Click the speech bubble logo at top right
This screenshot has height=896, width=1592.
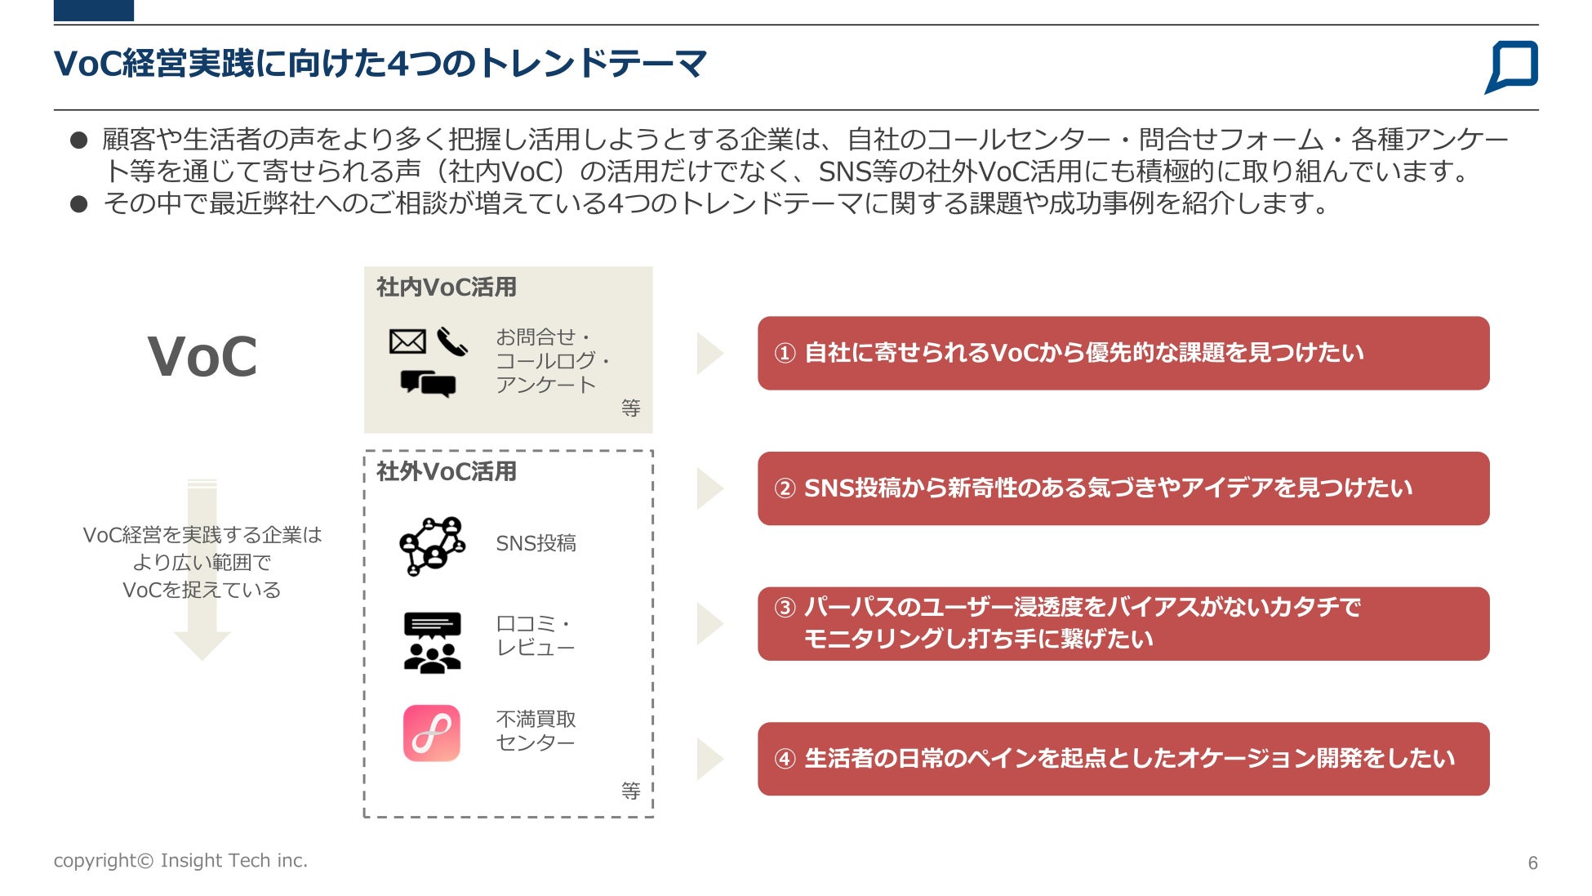coord(1511,66)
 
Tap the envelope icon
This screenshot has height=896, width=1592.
coord(407,341)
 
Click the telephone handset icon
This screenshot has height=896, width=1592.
coord(451,341)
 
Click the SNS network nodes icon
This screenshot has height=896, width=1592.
coord(432,545)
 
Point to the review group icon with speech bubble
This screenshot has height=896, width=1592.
coord(432,642)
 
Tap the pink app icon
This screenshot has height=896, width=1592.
coord(432,733)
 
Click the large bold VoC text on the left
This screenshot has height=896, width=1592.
coord(202,357)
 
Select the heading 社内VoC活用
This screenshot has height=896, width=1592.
coord(446,288)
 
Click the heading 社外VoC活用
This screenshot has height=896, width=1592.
coord(446,471)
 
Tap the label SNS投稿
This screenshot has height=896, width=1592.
coord(536,543)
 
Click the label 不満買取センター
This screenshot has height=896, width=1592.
coord(536,730)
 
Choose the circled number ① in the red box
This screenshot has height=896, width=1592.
coord(785,353)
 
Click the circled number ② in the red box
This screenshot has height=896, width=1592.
coord(785,488)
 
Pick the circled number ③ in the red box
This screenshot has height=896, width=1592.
coord(785,608)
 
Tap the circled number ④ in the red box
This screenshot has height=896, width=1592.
coord(785,759)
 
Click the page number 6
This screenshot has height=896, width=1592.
coord(1532,863)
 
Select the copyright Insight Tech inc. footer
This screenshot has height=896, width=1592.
coord(180,860)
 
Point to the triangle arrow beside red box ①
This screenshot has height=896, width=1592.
coord(708,354)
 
